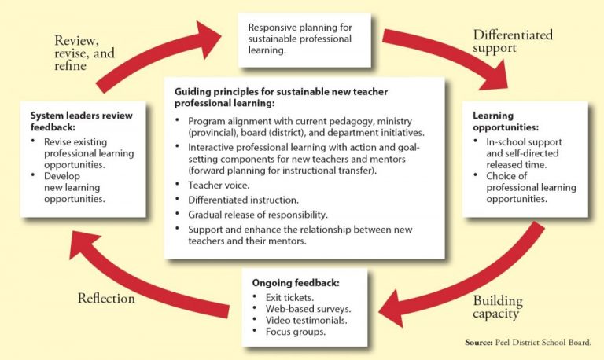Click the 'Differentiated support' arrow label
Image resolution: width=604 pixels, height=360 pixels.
(513, 41)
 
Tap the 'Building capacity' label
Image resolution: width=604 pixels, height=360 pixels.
(498, 307)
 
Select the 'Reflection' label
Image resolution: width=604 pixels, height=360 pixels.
(106, 299)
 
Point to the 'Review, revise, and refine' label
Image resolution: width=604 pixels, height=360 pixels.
(84, 53)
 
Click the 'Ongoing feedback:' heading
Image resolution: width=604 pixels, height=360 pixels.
(296, 283)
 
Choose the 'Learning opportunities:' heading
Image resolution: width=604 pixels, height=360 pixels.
(506, 121)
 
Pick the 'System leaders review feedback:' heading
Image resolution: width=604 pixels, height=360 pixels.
(81, 121)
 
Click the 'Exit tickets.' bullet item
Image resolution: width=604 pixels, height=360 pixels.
(289, 298)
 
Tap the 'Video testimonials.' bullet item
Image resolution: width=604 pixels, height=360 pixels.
(306, 321)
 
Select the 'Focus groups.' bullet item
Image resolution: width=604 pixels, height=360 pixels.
(296, 332)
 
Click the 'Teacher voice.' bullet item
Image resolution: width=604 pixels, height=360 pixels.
(219, 186)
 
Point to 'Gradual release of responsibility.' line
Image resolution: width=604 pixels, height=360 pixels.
(258, 215)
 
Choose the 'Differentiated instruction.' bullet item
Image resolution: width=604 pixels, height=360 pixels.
(244, 200)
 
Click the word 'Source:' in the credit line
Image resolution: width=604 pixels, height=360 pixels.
(478, 342)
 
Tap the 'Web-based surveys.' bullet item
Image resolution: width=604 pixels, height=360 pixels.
(308, 309)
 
